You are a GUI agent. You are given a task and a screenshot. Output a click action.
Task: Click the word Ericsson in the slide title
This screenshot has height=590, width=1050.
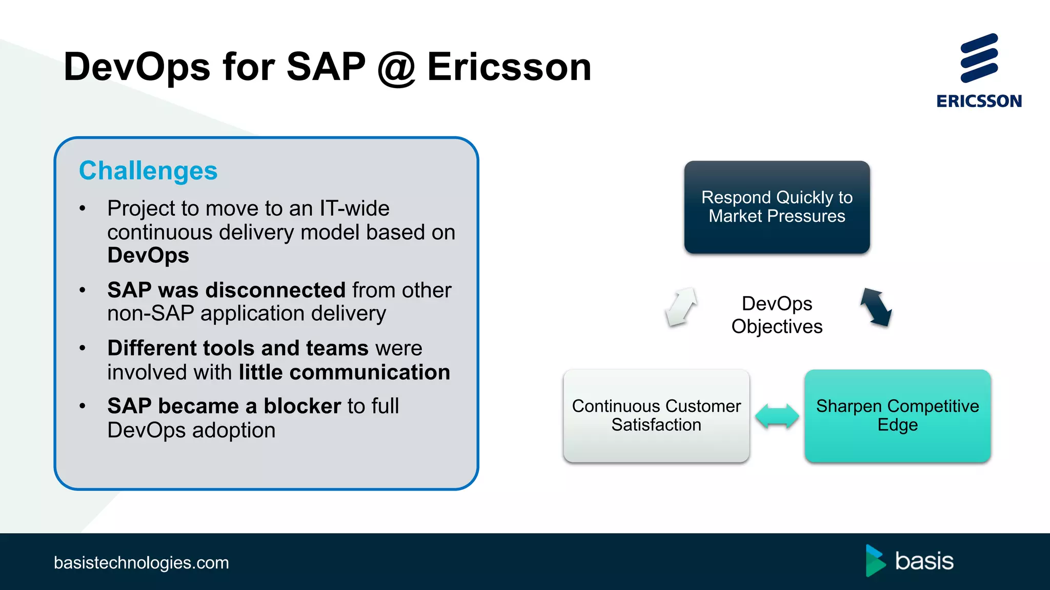509,67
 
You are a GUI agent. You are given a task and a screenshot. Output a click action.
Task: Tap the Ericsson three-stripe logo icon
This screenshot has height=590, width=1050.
979,58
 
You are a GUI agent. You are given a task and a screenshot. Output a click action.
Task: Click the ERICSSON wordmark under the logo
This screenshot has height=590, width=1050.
979,101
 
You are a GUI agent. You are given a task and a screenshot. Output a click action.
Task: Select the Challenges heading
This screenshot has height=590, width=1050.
148,171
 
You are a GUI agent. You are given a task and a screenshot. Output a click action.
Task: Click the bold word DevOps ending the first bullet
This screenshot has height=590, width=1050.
148,255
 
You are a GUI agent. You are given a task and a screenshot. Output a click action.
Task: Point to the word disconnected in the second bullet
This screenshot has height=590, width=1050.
275,290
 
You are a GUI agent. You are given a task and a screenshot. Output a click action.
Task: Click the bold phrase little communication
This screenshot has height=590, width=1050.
345,372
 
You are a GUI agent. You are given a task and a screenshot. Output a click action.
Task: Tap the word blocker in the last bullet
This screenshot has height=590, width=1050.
302,406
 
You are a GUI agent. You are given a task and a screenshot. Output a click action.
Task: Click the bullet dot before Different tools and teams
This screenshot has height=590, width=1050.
83,348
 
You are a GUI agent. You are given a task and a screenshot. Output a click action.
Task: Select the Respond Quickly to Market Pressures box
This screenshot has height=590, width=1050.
777,207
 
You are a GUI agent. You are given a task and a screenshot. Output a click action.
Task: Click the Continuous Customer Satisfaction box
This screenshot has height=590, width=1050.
656,415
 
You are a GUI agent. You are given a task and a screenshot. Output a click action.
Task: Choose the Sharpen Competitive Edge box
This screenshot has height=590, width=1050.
897,415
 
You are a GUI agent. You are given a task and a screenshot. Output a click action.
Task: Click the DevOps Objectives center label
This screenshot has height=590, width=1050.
777,315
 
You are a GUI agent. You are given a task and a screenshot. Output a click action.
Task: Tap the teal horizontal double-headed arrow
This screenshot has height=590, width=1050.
777,415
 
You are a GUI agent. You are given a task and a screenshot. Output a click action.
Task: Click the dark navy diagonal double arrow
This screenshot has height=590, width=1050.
876,307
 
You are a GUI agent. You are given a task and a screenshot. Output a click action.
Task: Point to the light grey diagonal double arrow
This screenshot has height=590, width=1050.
681,307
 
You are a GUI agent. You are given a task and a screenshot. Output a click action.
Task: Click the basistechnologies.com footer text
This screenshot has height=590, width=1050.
142,562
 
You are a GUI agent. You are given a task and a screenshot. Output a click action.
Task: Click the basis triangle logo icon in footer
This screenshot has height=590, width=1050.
875,561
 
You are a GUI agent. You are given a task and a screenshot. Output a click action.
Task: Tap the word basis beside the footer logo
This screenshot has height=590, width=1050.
924,561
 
